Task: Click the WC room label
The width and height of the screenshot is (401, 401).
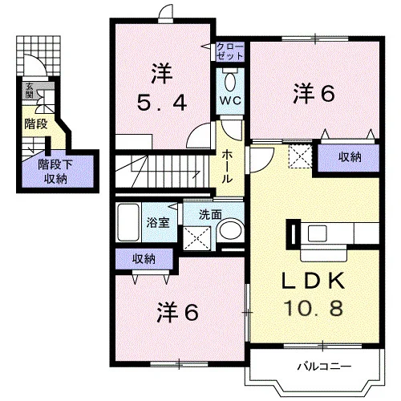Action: click(x=230, y=100)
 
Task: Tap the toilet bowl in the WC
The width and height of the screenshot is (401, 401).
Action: click(x=230, y=82)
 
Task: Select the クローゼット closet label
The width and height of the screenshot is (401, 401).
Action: click(x=230, y=51)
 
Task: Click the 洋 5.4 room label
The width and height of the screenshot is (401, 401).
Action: click(x=162, y=87)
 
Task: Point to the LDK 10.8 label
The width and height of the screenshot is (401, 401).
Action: click(x=314, y=294)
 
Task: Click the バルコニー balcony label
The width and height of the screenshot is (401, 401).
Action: click(x=324, y=367)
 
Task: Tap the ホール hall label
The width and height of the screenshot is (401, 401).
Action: click(x=227, y=166)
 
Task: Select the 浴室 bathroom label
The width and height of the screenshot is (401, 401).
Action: click(x=158, y=222)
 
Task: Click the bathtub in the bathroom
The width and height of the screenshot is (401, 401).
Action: click(x=128, y=222)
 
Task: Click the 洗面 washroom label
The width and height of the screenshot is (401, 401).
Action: click(x=210, y=214)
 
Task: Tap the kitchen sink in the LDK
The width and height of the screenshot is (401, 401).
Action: click(x=317, y=233)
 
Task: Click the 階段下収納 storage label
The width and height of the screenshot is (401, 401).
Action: click(x=55, y=172)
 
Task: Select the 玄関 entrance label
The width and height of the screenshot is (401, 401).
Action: click(x=29, y=91)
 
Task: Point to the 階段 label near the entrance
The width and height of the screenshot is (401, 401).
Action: click(x=36, y=124)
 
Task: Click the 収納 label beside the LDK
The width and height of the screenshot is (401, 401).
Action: click(x=350, y=157)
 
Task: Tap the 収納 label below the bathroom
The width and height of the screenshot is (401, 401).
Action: click(x=144, y=259)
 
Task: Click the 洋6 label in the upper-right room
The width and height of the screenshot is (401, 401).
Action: click(x=314, y=94)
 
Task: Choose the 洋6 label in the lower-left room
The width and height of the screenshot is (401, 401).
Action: click(x=178, y=312)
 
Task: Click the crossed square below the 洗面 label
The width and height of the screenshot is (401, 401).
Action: click(x=197, y=238)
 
